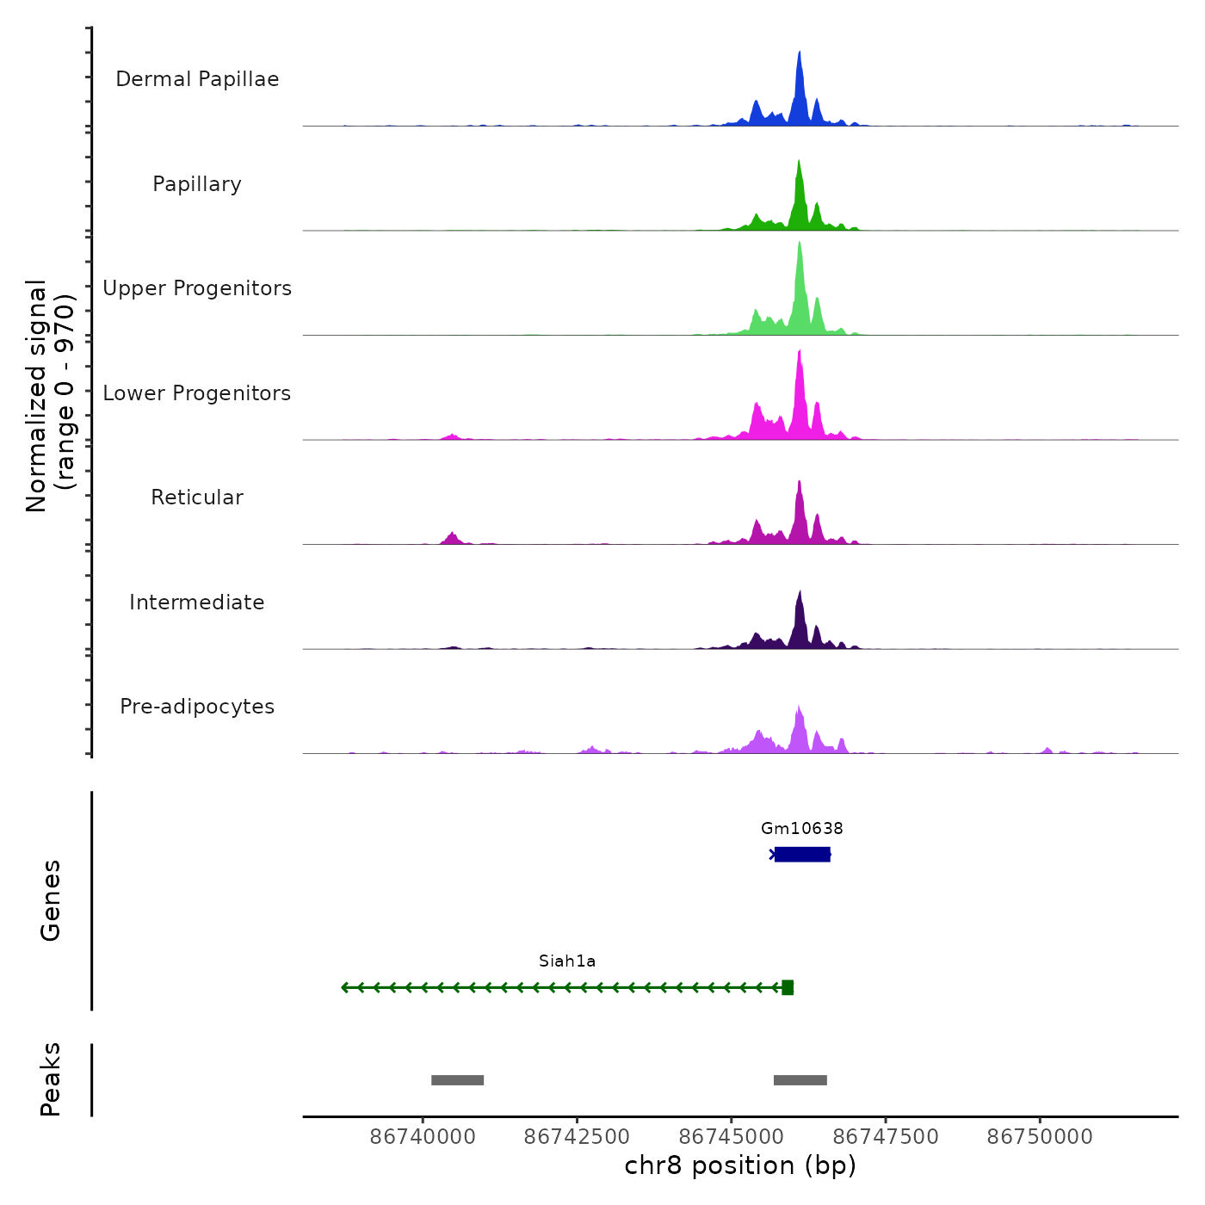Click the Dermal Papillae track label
pyautogui.click(x=197, y=79)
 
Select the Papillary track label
pyautogui.click(x=197, y=184)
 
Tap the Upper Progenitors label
pyautogui.click(x=197, y=288)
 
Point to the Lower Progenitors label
pyautogui.click(x=197, y=393)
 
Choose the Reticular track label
pyautogui.click(x=197, y=497)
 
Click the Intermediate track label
pyautogui.click(x=197, y=602)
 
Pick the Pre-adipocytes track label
pyautogui.click(x=197, y=707)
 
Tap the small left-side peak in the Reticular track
pyautogui.click(x=451, y=538)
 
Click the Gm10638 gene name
pyautogui.click(x=802, y=829)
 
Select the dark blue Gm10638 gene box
pyautogui.click(x=802, y=854)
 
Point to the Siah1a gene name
pyautogui.click(x=567, y=961)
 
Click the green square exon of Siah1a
pyautogui.click(x=788, y=987)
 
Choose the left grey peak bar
pyautogui.click(x=457, y=1080)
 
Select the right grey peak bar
pyautogui.click(x=800, y=1080)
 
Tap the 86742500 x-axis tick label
pyautogui.click(x=577, y=1137)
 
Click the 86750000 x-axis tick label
pyautogui.click(x=1040, y=1137)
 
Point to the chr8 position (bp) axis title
pyautogui.click(x=740, y=1165)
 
